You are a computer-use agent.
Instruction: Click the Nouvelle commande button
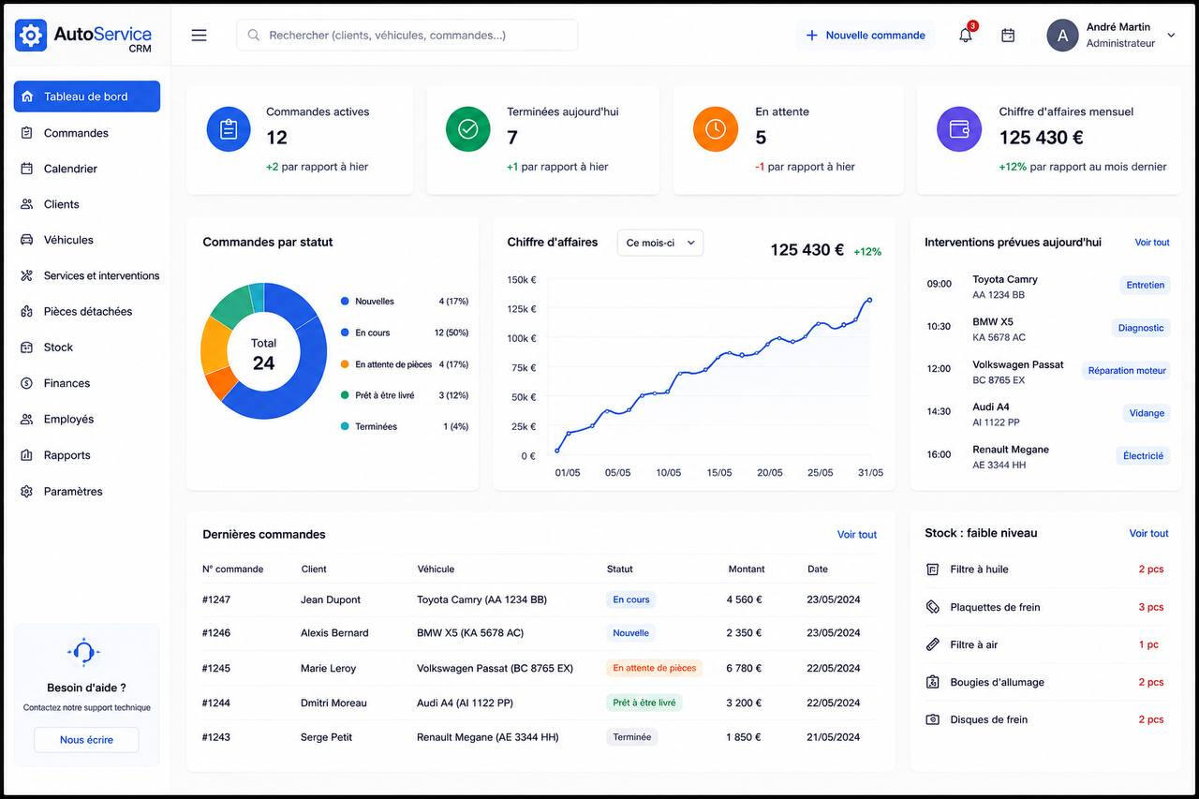(x=865, y=36)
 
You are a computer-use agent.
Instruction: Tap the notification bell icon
(x=965, y=36)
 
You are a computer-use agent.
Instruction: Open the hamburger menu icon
(x=200, y=36)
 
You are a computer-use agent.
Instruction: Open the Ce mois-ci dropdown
(x=660, y=243)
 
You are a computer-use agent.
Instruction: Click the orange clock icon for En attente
(x=715, y=129)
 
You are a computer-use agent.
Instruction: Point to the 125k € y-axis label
(x=522, y=309)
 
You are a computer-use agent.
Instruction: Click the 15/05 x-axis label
(x=718, y=472)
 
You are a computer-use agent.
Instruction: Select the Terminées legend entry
(x=376, y=426)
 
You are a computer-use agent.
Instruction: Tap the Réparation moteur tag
(x=1127, y=370)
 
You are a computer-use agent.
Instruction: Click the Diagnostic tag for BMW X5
(x=1141, y=328)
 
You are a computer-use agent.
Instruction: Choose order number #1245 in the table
(x=216, y=668)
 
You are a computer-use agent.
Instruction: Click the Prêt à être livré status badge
(x=644, y=703)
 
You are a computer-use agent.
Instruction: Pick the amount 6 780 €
(x=744, y=668)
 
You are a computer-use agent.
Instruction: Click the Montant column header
(x=747, y=569)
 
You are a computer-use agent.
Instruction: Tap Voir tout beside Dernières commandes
(x=856, y=534)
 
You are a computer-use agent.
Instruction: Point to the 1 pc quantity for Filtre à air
(x=1148, y=644)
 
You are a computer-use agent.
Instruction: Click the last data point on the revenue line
(x=870, y=301)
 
